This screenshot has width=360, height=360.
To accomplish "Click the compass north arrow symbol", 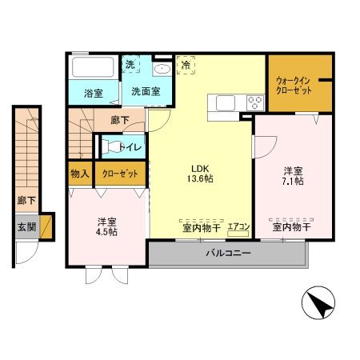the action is [x=318, y=302].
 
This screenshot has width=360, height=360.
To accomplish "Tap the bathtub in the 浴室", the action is [x=93, y=67].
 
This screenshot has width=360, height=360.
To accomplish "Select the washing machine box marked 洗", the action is [x=130, y=64].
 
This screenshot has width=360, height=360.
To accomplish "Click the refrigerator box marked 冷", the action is [x=186, y=65].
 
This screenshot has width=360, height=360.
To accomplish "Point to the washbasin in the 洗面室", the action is [x=162, y=69].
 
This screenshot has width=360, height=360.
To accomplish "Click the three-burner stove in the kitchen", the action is [x=255, y=102].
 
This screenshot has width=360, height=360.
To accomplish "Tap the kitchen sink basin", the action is [x=226, y=103].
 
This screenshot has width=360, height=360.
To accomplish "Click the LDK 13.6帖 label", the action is [x=200, y=174].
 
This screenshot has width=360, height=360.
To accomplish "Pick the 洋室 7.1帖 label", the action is [x=293, y=176].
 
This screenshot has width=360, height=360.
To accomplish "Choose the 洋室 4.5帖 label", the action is [x=106, y=227].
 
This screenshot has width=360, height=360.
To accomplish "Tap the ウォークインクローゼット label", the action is [x=294, y=86].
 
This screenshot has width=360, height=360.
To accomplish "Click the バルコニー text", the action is [x=228, y=253].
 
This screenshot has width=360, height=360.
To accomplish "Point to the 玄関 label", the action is [x=26, y=227].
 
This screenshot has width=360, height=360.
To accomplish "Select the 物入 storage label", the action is [x=80, y=174].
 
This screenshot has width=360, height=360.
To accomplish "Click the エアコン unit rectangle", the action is [x=238, y=234].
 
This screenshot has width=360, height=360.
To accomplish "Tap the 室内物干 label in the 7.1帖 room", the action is [x=291, y=227].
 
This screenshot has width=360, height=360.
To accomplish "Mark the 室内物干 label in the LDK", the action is [x=202, y=228].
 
